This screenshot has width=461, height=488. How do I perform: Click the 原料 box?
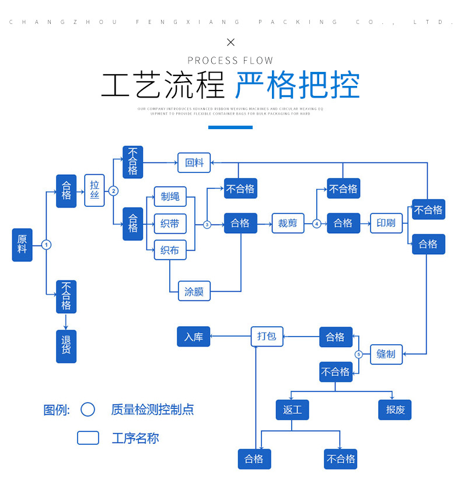(22, 244)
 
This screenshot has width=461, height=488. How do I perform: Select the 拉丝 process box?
(95, 191)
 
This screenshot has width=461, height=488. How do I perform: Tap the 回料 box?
(194, 162)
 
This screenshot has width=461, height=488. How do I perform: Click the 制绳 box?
(170, 196)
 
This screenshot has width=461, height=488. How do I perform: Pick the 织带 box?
(170, 223)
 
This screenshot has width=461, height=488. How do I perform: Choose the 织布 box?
(170, 250)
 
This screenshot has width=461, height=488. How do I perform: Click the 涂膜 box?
(194, 291)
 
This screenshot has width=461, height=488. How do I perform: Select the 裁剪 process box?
(288, 223)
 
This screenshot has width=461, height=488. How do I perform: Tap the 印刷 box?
(386, 223)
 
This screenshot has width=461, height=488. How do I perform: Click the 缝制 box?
(386, 354)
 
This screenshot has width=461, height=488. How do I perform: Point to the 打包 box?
(267, 336)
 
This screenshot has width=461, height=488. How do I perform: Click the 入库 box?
(193, 337)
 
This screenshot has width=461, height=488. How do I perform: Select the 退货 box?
(66, 346)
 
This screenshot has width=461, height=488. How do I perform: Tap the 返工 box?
(292, 410)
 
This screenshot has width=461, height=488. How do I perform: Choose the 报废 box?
(395, 410)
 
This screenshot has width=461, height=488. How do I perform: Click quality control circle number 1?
(47, 245)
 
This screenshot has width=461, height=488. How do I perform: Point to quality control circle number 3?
(207, 224)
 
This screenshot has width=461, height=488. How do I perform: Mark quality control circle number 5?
(359, 354)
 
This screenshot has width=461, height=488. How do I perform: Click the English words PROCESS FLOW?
(230, 60)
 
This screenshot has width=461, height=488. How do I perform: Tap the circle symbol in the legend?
(88, 409)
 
